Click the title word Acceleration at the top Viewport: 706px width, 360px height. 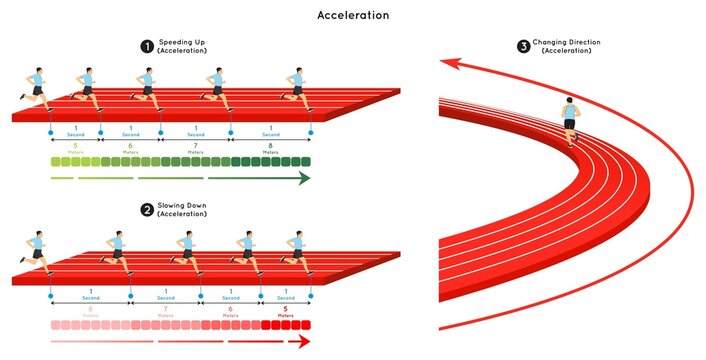pos(353,15)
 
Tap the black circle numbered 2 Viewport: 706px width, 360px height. pos(147,210)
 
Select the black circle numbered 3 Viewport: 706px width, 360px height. pos(523,46)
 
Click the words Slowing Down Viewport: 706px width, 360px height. pos(182,206)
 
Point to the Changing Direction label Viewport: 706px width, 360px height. pos(571,42)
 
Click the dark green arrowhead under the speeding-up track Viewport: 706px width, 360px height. pos(303,178)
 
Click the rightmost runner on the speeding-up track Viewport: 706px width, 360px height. pos(296,88)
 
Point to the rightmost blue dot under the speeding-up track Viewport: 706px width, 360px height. pos(309,132)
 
